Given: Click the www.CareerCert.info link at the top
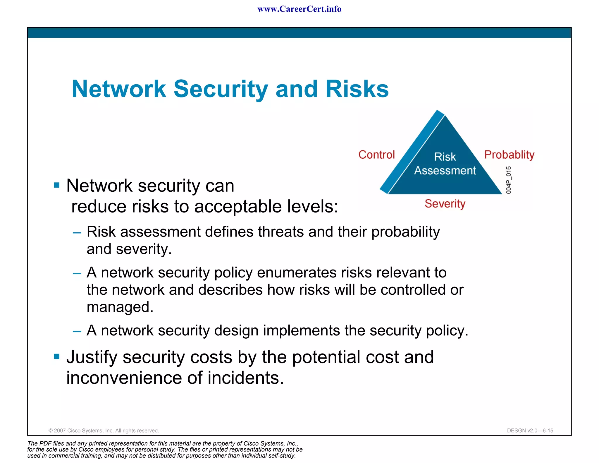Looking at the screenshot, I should [299, 9].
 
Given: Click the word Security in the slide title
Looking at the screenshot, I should [221, 89].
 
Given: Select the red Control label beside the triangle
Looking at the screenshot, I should [376, 155].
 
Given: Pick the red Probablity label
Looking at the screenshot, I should [509, 155].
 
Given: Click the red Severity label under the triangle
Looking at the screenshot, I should [445, 203].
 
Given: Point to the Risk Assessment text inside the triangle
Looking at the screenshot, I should [445, 164].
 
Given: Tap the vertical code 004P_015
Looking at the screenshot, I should [509, 180].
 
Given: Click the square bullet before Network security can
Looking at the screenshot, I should [57, 185].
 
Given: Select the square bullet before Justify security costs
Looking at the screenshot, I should [57, 356].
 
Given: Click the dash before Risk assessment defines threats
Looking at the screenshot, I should [77, 233].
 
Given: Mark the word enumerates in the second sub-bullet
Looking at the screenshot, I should [297, 272].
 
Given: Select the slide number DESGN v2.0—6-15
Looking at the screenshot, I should [530, 431].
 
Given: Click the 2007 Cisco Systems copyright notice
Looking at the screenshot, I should [104, 431].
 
